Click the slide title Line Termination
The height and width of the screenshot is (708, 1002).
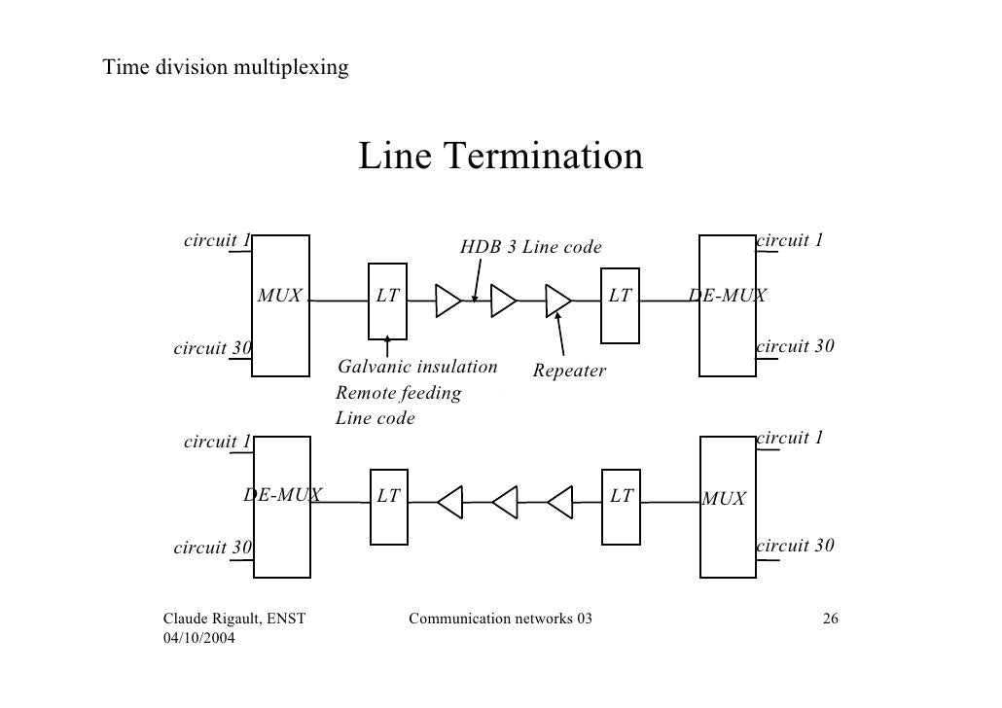[x=501, y=157]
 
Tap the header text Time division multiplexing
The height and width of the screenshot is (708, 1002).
[x=226, y=68]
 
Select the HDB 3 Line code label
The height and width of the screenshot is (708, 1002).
[x=530, y=248]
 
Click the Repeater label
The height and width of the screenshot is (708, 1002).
[x=569, y=372]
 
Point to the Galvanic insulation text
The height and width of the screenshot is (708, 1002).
[x=416, y=367]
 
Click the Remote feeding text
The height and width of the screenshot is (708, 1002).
[x=398, y=393]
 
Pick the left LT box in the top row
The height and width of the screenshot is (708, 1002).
[x=388, y=302]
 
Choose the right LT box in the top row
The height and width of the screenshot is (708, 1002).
[x=620, y=302]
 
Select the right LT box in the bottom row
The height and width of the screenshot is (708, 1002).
[x=621, y=504]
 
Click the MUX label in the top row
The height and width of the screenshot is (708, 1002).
[x=280, y=296]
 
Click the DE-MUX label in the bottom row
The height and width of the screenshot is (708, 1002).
[x=282, y=495]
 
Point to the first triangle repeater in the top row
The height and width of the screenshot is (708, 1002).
[x=447, y=301]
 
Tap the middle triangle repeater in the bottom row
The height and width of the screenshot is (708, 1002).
[x=506, y=504]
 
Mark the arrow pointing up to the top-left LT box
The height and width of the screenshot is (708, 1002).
[x=388, y=345]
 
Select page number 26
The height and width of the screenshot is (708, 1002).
[x=831, y=619]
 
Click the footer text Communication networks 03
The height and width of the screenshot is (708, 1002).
[x=500, y=619]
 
